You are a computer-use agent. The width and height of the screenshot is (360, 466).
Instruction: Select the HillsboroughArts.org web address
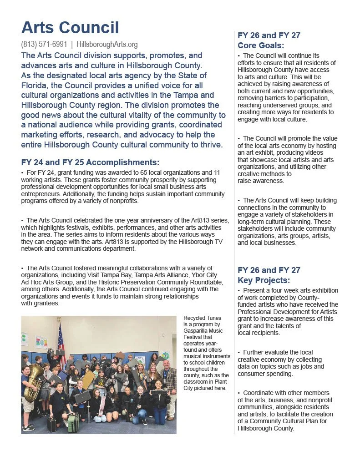pyautogui.click(x=107, y=45)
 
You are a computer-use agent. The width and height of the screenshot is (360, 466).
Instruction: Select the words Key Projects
pyautogui.click(x=264, y=280)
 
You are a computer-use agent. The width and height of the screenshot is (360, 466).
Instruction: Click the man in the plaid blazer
pyautogui.click(x=168, y=382)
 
